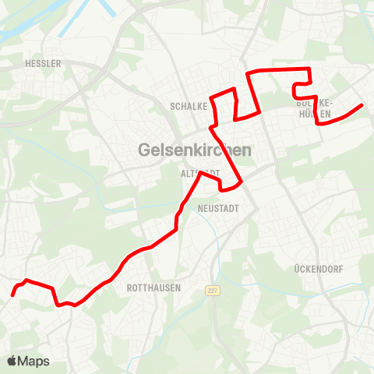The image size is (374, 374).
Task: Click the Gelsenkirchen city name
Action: pyautogui.click(x=193, y=149)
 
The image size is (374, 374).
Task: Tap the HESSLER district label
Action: pyautogui.click(x=43, y=64)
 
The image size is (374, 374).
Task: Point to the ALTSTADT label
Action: pyautogui.click(x=200, y=173)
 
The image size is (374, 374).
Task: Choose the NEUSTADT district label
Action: pyautogui.click(x=218, y=209)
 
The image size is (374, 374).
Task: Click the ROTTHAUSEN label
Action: pyautogui.click(x=153, y=288)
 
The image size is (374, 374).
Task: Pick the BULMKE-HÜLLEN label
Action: pyautogui.click(x=315, y=108)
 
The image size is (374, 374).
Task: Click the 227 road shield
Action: pyautogui.click(x=212, y=290)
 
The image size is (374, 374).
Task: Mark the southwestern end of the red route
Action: pyautogui.click(x=12, y=295)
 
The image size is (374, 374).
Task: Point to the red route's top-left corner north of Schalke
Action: pyautogui.click(x=248, y=73)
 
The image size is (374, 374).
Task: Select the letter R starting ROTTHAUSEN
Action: pyautogui.click(x=129, y=288)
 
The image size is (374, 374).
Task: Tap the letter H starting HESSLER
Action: pyautogui.click(x=27, y=64)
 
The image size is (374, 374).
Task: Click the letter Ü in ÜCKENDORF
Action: pyautogui.click(x=298, y=268)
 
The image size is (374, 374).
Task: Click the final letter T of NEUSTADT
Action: pyautogui.click(x=235, y=209)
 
